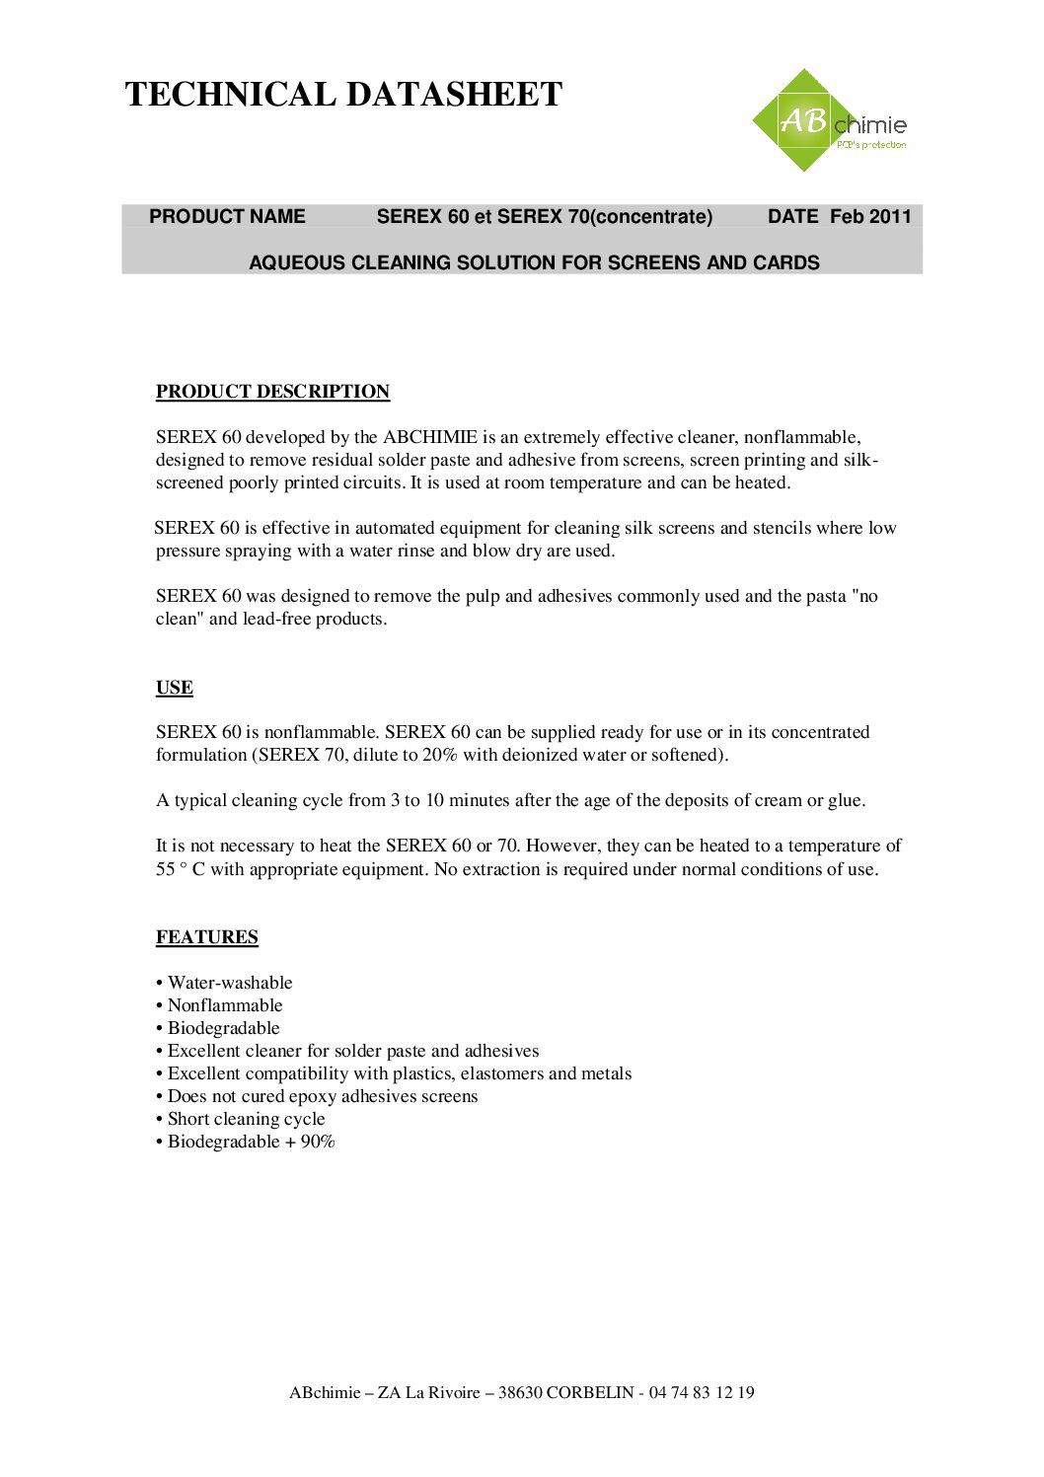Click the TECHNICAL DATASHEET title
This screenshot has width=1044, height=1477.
click(x=343, y=95)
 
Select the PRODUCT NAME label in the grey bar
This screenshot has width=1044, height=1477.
click(x=227, y=217)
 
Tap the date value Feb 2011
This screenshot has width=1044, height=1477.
click(x=870, y=217)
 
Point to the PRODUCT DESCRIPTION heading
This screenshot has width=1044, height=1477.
click(x=272, y=392)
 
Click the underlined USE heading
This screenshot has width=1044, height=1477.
click(x=175, y=688)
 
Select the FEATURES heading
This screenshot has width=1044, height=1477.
click(x=207, y=937)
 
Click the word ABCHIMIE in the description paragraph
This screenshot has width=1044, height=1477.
click(x=430, y=437)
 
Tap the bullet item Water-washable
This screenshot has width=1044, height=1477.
click(x=230, y=983)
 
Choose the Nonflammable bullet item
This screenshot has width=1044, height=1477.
click(x=225, y=1005)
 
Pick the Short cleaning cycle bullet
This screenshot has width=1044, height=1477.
click(x=246, y=1119)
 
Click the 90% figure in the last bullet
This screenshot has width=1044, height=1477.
click(x=318, y=1142)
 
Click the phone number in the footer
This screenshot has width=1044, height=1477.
click(x=702, y=1393)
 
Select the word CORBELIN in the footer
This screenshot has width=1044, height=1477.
click(x=590, y=1393)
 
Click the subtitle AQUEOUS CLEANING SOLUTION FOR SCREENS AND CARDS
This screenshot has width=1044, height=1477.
click(x=534, y=263)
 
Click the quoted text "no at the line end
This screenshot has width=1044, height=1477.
click(x=864, y=596)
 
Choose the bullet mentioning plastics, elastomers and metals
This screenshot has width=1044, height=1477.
click(x=400, y=1073)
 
